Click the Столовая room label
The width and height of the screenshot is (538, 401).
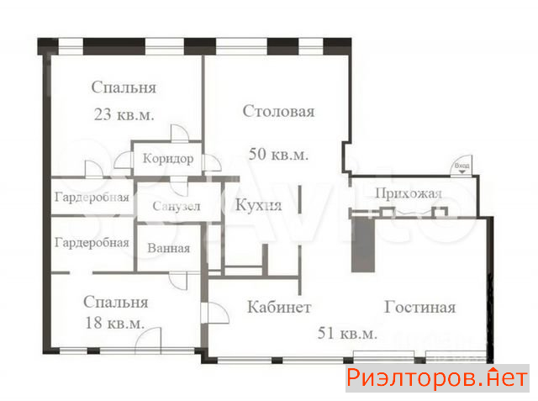tap(278, 111)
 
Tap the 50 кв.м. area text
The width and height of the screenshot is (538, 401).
tap(278, 154)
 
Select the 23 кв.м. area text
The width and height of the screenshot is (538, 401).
tap(124, 114)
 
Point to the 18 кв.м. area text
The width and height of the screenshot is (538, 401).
tap(114, 323)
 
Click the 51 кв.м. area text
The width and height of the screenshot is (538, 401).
tap(347, 333)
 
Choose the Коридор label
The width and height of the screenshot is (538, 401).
tap(168, 159)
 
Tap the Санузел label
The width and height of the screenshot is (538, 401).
tap(176, 206)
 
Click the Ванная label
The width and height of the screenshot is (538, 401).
tap(168, 248)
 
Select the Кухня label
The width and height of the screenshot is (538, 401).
tap(258, 205)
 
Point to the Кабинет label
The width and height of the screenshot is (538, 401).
tap(279, 307)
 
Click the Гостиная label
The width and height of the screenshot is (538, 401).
tap(419, 307)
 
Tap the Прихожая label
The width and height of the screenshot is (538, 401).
tap(409, 193)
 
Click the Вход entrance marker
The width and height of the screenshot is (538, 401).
tap(462, 166)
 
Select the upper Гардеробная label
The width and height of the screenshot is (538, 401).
tap(92, 198)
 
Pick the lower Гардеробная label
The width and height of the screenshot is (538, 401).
tap(92, 242)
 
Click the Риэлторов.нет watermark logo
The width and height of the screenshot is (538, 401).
tap(437, 378)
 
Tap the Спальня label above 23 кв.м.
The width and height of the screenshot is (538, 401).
tap(124, 87)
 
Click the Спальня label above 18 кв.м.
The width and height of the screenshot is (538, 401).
tap(116, 302)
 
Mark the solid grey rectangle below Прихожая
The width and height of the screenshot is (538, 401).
tap(363, 244)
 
